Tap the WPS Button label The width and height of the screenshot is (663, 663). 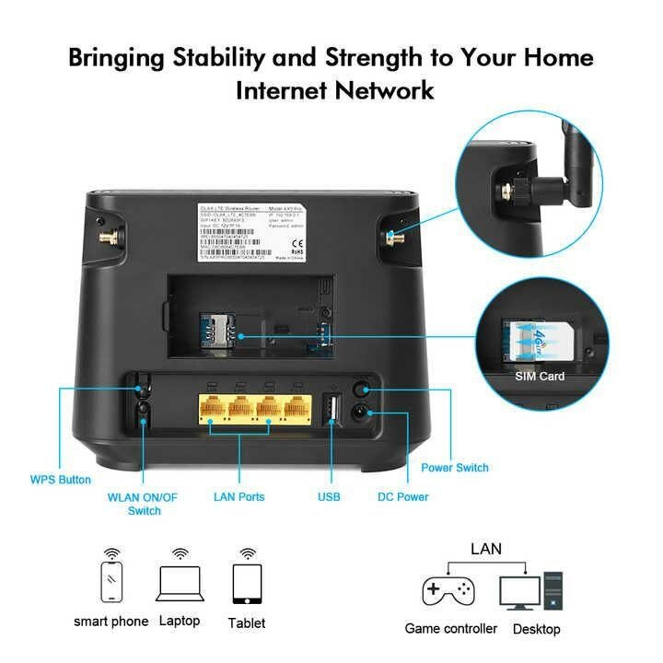click(x=61, y=480)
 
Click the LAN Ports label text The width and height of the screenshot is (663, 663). click(x=238, y=497)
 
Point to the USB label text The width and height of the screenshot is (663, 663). click(x=329, y=497)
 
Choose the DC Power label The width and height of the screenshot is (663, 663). click(x=403, y=497)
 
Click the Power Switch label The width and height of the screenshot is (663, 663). click(x=455, y=468)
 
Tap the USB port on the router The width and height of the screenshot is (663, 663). click(x=331, y=408)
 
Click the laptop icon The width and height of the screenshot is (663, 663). click(x=180, y=583)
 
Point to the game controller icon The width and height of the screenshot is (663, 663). click(x=448, y=589)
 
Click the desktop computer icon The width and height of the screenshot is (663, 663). click(x=529, y=590)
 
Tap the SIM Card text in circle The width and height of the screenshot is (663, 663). click(x=540, y=376)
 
